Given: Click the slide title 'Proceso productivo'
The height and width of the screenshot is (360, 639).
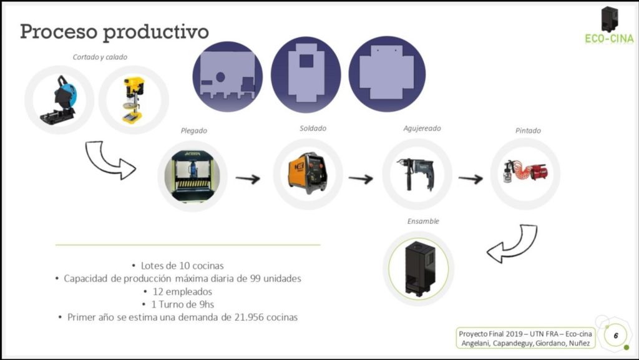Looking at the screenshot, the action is point(114,32).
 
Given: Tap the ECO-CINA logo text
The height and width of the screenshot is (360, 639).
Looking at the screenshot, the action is point(609,39).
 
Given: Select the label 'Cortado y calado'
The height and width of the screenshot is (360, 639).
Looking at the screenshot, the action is point(100,57).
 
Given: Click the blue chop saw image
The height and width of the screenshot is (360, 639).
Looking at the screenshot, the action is point(59,100).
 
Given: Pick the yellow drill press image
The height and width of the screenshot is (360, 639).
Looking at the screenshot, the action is point(134,100).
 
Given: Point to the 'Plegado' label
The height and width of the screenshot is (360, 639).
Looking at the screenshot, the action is point(193,130).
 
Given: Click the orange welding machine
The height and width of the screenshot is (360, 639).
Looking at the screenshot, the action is point(308,173).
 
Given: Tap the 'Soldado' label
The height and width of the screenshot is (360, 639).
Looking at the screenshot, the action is point(313,129).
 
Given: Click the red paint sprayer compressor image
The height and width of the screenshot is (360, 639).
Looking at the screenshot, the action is point(525,172).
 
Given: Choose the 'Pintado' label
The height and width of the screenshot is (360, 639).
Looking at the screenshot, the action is point(528,130).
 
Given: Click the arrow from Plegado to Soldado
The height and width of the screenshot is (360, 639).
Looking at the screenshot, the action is point(248,178).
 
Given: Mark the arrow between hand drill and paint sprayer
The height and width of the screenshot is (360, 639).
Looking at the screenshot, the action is point(471,178).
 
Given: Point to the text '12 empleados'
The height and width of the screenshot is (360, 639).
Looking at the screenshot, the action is point(182,291).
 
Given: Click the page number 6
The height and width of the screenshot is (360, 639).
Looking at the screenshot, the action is point(616,336).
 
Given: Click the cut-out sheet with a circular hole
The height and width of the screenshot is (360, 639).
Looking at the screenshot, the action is point(227,77).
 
